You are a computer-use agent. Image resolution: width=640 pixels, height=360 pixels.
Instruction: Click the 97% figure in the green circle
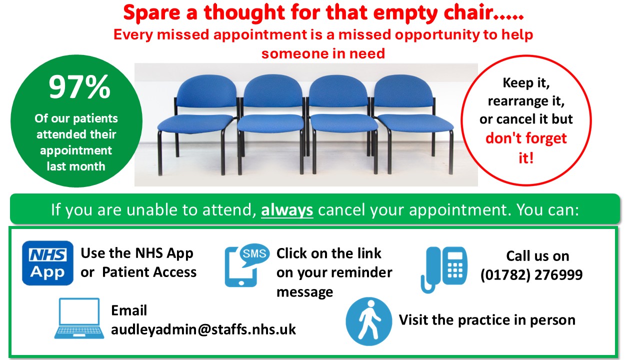coord(79,87)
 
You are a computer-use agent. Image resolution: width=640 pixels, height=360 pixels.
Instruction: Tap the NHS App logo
coord(47,263)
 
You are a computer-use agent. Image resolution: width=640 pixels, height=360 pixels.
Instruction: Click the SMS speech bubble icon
coord(254,255)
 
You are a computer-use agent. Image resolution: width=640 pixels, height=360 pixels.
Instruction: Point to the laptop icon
coord(79,318)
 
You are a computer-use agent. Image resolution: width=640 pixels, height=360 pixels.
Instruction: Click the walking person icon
coord(369,321)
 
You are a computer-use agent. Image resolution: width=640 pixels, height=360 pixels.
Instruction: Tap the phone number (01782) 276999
coord(531,275)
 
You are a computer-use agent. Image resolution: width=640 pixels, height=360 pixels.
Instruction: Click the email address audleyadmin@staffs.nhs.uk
coord(203,329)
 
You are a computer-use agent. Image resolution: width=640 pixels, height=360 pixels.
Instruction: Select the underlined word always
coord(287,210)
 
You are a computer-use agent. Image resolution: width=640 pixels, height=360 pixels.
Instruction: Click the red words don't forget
coord(526,138)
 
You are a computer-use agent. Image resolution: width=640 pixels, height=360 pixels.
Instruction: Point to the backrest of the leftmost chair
coord(206,91)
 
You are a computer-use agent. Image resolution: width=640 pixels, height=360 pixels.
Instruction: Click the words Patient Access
coord(149,272)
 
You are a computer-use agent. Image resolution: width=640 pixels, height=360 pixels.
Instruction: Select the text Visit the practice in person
coord(487,320)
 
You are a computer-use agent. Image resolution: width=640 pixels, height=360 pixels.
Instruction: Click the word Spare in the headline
coord(152,13)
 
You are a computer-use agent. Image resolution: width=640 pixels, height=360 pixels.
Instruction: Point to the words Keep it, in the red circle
coord(526,83)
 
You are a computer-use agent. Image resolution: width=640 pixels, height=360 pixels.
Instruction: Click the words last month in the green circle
coord(76,166)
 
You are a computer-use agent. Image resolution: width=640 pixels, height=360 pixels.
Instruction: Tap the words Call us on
coord(537,256)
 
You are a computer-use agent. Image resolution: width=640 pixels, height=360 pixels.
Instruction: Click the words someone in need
coord(323,53)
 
